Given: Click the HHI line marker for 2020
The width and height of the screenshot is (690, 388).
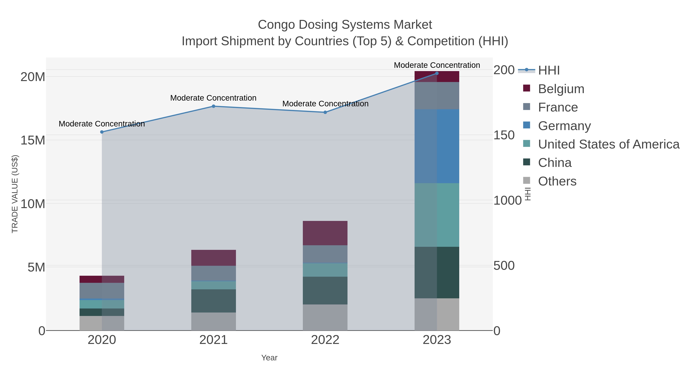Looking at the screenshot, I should pos(102,132).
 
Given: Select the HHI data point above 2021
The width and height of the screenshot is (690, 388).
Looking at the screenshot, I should pos(214,106).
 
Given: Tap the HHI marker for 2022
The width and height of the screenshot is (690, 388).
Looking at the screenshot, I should pos(325,112).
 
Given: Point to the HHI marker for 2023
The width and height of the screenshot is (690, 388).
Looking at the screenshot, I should pos(437,73).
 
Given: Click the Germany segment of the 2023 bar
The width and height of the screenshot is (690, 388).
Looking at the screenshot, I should pos(437,146).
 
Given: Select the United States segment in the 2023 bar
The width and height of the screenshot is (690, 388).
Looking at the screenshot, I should pos(437,215).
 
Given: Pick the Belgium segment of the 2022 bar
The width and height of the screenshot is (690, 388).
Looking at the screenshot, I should pos(325,233).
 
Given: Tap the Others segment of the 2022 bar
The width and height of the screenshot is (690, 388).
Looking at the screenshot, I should pos(325,317).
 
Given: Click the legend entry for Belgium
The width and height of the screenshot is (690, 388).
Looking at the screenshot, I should pos(561,89).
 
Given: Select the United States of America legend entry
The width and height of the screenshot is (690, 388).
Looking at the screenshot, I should pos(608,144).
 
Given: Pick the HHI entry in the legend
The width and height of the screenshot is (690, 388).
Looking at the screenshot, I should pos(549,71).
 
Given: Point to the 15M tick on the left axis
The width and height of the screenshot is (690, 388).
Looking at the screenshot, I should pos(33,140).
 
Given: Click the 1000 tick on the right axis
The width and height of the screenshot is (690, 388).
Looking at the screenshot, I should pos(507,201).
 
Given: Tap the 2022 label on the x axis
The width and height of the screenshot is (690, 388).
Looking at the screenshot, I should pos(325,340).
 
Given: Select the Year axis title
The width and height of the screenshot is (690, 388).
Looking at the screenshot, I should pos(269,358).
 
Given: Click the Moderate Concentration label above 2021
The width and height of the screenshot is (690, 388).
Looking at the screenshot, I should pos(214,98).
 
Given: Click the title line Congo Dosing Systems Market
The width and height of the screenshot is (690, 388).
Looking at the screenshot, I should pos(345,25).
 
